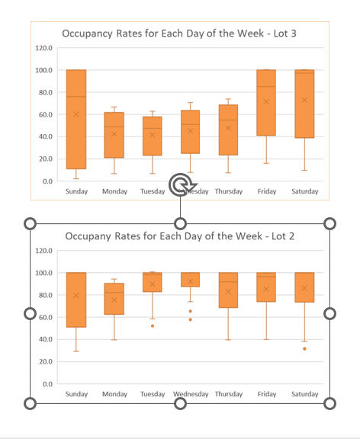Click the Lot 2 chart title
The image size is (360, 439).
180,236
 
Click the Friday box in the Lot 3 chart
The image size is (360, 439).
265,102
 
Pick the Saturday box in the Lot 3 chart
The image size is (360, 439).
304,104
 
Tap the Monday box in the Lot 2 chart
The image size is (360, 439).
114,300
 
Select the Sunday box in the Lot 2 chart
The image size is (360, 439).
76,300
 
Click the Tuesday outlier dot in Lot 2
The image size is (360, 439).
153,325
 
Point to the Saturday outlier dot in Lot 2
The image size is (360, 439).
304,348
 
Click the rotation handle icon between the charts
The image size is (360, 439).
180,184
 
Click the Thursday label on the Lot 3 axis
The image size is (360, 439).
228,191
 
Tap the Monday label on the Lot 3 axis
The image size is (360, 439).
114,191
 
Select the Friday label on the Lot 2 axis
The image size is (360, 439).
266,394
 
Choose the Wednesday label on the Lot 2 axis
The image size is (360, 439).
191,394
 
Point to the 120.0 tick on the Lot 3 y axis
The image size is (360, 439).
43,48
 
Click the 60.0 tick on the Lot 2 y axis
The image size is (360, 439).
43,317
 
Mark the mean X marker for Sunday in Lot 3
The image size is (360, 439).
76,114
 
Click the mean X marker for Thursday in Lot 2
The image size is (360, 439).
228,291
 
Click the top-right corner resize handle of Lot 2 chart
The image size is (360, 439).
330,223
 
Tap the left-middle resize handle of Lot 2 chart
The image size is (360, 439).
31,313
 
